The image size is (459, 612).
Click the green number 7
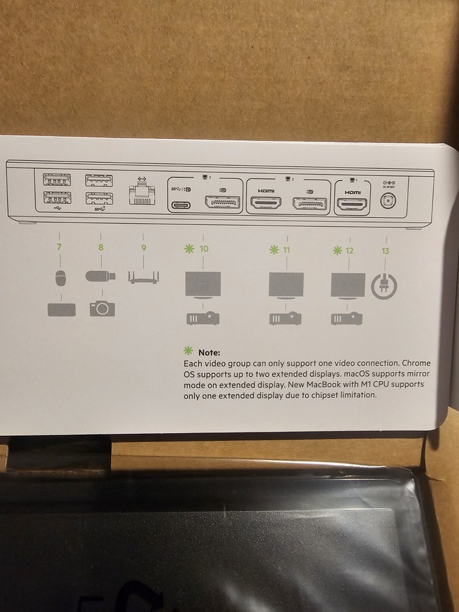(x=59, y=248)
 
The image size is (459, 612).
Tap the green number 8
(x=101, y=248)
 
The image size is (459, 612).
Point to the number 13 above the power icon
(x=385, y=250)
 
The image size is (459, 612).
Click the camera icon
(x=102, y=308)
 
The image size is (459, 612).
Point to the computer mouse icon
(x=59, y=279)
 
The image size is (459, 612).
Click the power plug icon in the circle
(x=385, y=285)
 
